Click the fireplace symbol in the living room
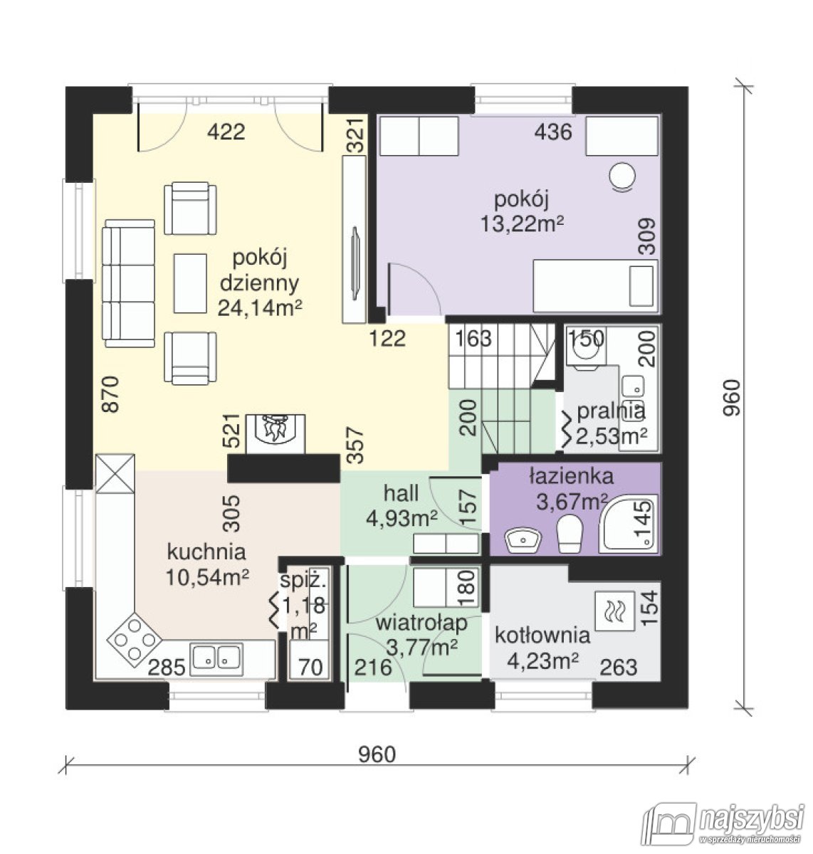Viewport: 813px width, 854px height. point(276,434)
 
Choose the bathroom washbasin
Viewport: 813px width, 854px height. point(523,540)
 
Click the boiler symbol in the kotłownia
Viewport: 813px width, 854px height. point(614,611)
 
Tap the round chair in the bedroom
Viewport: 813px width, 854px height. point(621,176)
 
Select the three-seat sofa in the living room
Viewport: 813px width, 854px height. point(129,283)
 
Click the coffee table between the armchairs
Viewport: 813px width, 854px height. point(190,283)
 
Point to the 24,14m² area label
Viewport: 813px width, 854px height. point(260,308)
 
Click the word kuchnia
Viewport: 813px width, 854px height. point(206,552)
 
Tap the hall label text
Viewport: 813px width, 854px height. point(401,493)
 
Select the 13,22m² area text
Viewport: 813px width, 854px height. point(522,224)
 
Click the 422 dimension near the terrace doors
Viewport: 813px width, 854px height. point(226,132)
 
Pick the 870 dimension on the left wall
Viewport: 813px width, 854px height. point(110,394)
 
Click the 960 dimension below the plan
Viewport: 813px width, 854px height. point(377,754)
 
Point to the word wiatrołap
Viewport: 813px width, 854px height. point(421,623)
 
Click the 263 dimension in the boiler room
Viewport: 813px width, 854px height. point(619,668)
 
